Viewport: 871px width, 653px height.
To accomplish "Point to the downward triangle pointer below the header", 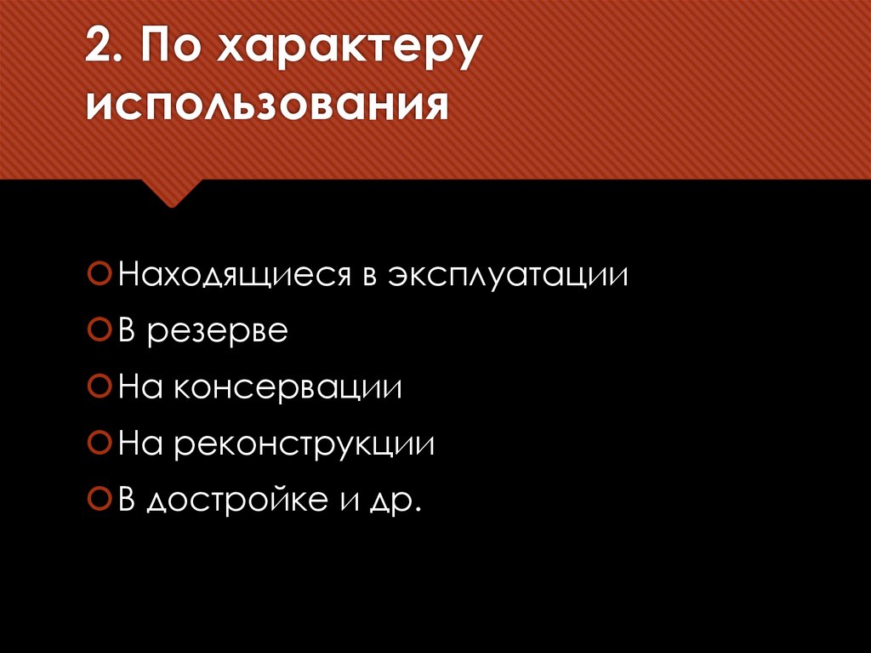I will pyautogui.click(x=172, y=193).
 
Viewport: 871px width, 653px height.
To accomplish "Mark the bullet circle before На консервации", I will pyautogui.click(x=100, y=387).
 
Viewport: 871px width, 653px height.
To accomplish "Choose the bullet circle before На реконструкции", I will pyautogui.click(x=100, y=443).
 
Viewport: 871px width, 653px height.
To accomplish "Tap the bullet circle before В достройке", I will pyautogui.click(x=100, y=498).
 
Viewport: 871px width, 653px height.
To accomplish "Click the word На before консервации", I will pyautogui.click(x=136, y=387).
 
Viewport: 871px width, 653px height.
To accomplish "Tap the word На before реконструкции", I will pyautogui.click(x=136, y=444).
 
